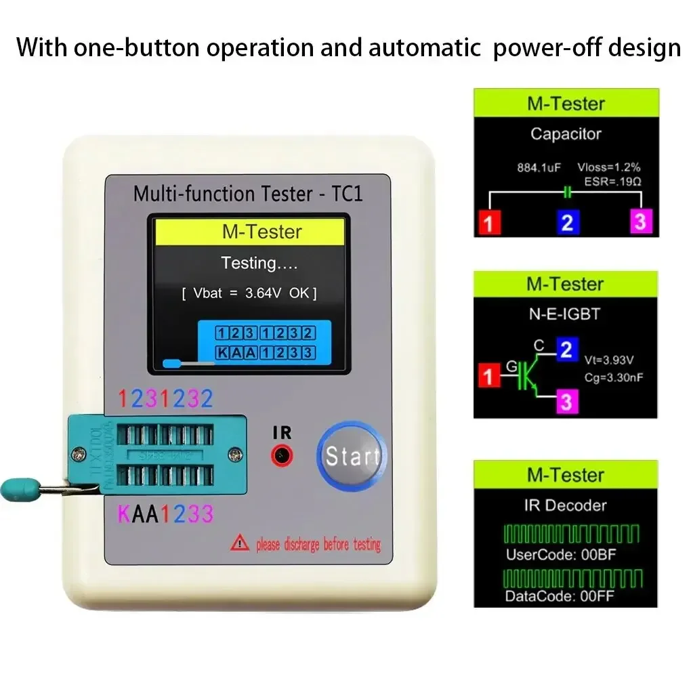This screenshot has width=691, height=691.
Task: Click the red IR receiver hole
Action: tap(282, 455)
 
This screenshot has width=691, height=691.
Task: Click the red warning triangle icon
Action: tap(240, 542)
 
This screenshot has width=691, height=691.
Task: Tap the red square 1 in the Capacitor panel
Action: tap(488, 222)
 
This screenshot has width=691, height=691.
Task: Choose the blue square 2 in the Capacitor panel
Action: tap(567, 222)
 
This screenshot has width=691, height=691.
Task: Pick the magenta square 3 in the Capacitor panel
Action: tap(641, 222)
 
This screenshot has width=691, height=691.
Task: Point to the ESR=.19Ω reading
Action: tap(612, 182)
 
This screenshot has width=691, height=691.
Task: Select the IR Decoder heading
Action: tap(566, 505)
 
